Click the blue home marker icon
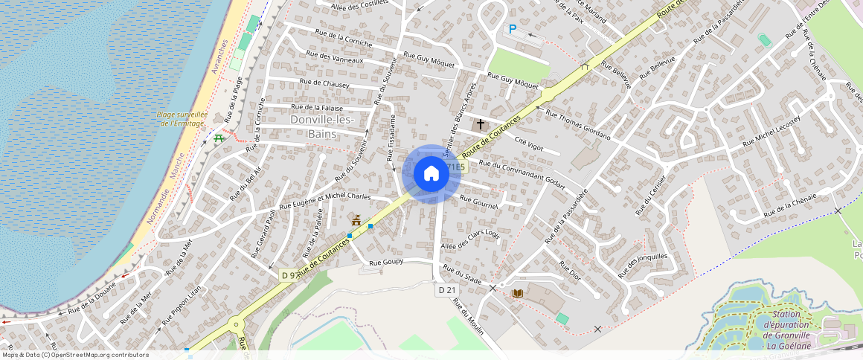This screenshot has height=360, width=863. (x=431, y=174)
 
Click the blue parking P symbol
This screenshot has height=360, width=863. (x=513, y=29)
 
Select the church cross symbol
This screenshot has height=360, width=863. (x=481, y=124)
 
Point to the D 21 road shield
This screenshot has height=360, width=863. (x=446, y=290)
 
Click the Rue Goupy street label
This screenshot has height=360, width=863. (x=385, y=263)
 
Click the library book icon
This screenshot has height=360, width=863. (x=518, y=294)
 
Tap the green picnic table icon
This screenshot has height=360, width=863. (x=219, y=138)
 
